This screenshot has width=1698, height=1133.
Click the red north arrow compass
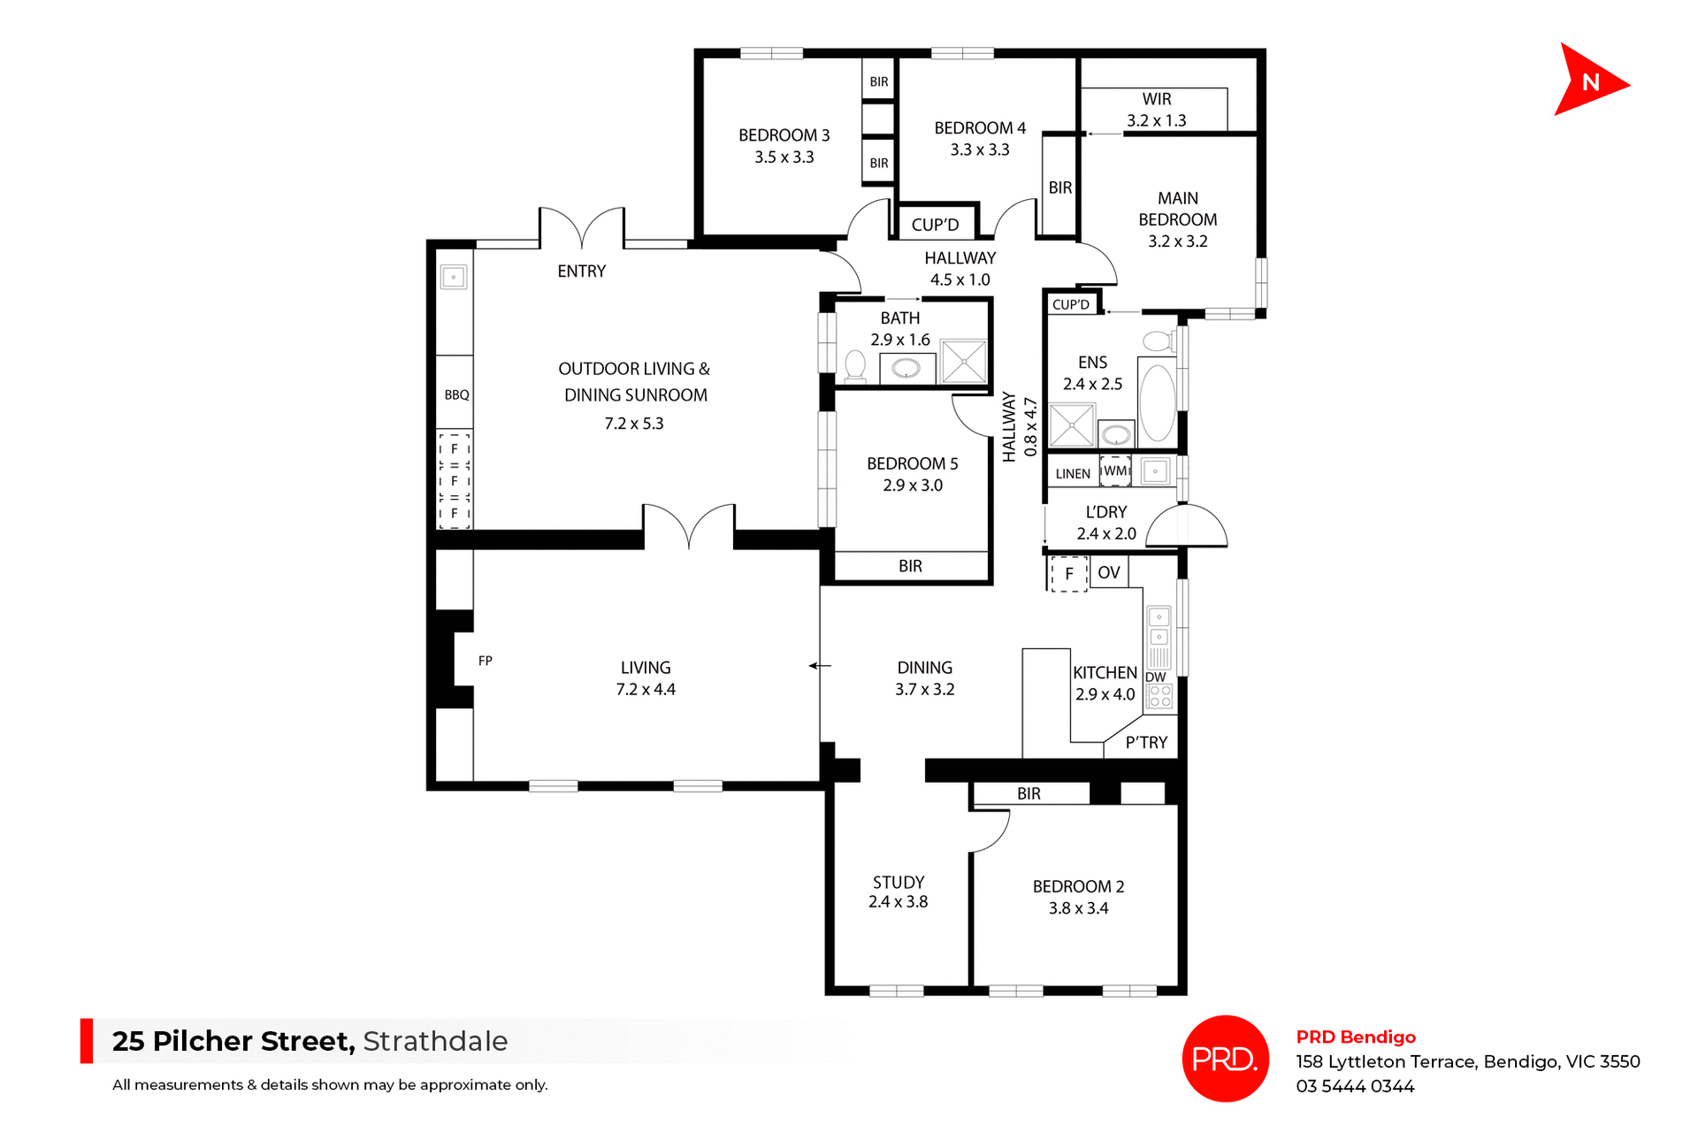coord(1587,81)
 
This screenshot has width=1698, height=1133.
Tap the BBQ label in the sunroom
coord(456,395)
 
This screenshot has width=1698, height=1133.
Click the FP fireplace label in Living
coord(485,661)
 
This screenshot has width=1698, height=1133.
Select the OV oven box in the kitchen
coord(1108,573)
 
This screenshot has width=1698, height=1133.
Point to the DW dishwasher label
coord(1155,678)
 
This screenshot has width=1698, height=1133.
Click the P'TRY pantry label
coord(1146,743)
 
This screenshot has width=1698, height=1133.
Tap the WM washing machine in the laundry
coord(1115,471)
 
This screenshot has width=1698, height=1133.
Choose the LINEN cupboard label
coord(1072,474)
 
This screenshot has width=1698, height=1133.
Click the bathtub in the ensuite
coord(1157,403)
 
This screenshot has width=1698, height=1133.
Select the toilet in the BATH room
coord(855,366)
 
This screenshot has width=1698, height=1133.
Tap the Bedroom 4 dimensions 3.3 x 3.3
coord(979,150)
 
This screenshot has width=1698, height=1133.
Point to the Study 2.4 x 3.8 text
coord(898,892)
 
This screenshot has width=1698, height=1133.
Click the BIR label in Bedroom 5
coord(910,566)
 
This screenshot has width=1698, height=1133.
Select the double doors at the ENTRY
coord(582,229)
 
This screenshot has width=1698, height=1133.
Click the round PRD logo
coord(1225,1059)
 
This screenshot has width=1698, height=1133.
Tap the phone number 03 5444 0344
coord(1355,1087)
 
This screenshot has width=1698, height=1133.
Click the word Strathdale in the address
coord(435,1041)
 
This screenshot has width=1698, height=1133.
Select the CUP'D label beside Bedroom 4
coord(935,225)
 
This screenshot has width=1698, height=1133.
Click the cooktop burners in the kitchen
coord(1159,697)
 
